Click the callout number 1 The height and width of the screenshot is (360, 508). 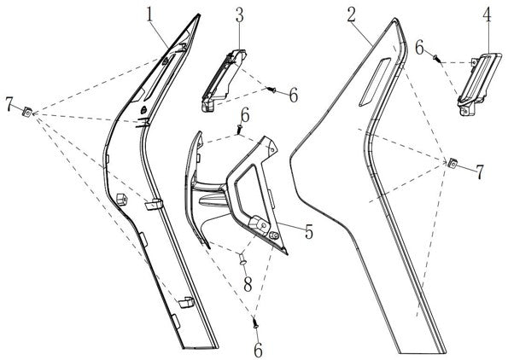click(149, 15)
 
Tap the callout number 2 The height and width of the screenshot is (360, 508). click(351, 15)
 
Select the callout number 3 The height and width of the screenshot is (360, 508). click(239, 15)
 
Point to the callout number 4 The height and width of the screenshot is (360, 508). click(487, 15)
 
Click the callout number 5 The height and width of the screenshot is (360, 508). click(308, 232)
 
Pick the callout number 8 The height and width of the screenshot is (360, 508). click(248, 285)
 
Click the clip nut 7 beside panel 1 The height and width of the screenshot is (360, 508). click(27, 112)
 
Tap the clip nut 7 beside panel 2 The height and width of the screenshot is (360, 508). click(453, 163)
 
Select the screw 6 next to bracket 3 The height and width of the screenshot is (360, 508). click(271, 90)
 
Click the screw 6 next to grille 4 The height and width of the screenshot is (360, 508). click(437, 59)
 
